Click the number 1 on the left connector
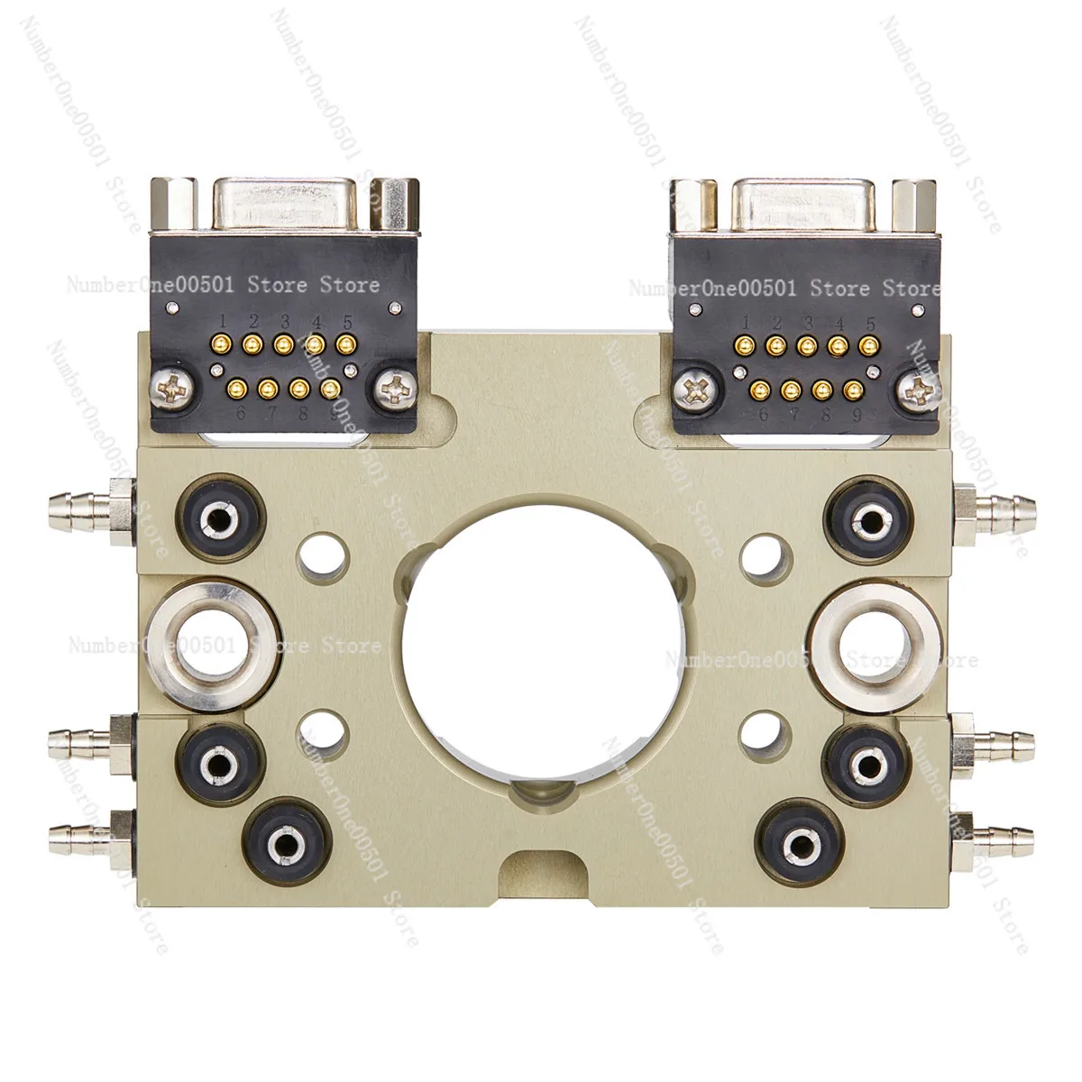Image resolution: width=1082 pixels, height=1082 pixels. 223,321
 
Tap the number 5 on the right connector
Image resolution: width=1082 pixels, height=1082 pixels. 870,323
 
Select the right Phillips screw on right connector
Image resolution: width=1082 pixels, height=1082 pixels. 919,390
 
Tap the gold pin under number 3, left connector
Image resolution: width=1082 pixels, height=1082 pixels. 283,344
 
